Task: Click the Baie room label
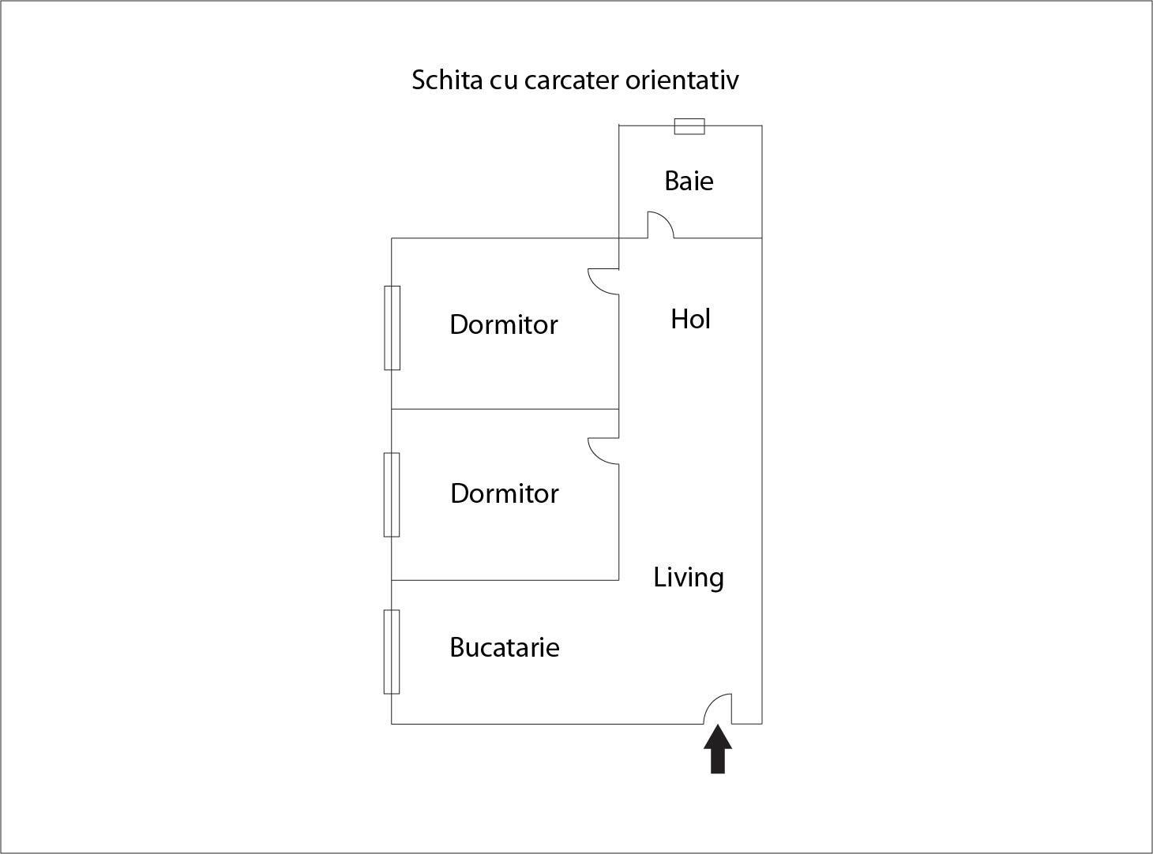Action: pos(689,182)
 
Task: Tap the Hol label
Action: pos(690,319)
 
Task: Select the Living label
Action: pos(689,578)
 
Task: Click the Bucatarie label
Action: pos(505,647)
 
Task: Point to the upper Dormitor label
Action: pos(504,324)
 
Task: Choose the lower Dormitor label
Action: pos(505,493)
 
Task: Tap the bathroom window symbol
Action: pos(689,126)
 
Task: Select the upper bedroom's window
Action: pos(392,328)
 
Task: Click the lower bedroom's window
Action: pos(392,494)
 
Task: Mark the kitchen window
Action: pos(392,652)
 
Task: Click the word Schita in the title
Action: pos(447,80)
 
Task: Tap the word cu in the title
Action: pos(503,81)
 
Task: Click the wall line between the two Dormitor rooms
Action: pos(505,409)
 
